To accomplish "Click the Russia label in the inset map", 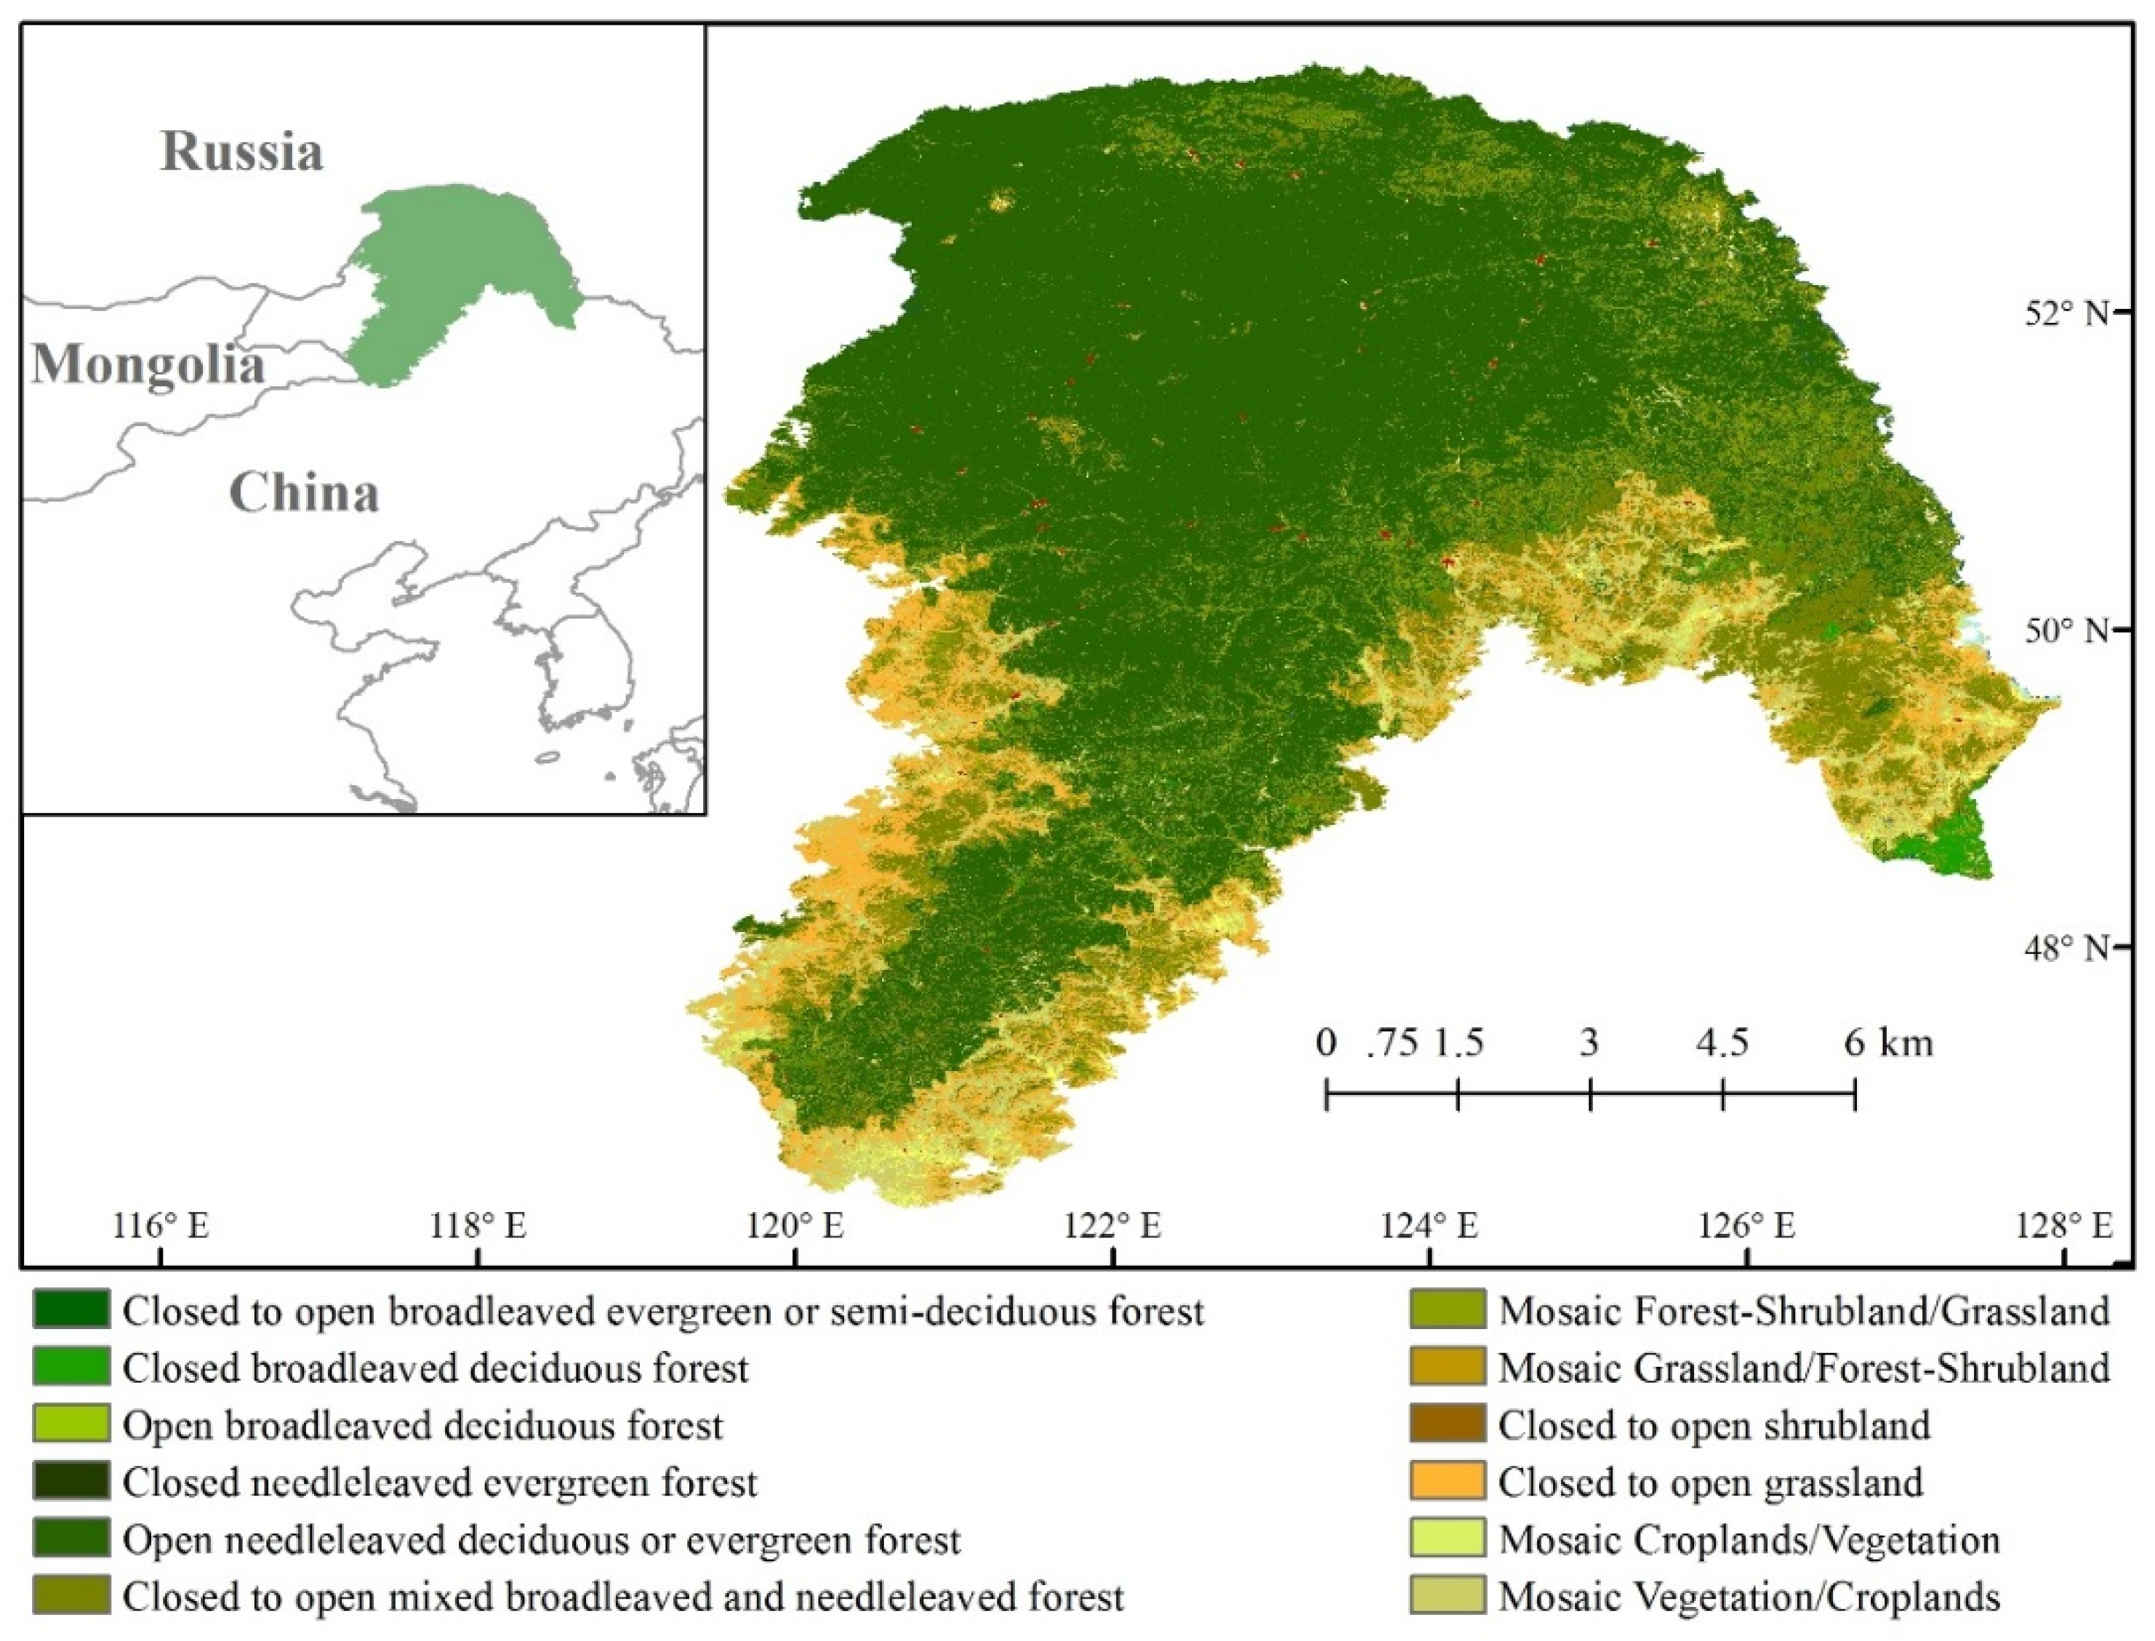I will [x=241, y=151].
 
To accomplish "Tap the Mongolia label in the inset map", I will [x=148, y=365].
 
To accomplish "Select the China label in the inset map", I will [x=304, y=492].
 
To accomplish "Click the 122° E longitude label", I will [x=1112, y=1225].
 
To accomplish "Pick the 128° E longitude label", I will [x=2063, y=1225].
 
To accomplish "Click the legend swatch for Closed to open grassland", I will [x=1447, y=1482].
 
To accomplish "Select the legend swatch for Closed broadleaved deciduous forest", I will [x=71, y=1368].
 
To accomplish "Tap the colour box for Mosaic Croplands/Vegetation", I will [x=1447, y=1539].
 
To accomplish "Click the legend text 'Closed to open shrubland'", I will [x=1714, y=1425].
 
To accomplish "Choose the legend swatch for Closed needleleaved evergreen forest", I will [x=71, y=1482].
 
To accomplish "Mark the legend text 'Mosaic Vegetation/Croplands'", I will [x=1749, y=1597].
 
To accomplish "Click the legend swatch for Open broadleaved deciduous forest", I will [x=71, y=1425].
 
